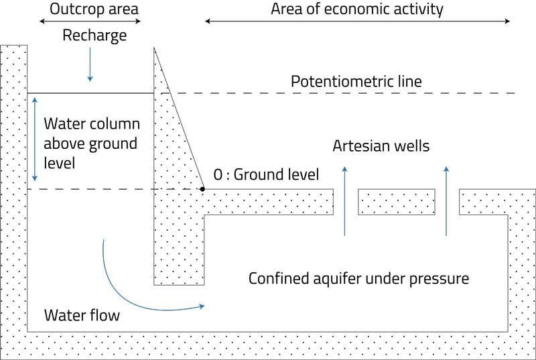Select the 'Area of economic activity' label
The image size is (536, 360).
[x=356, y=9]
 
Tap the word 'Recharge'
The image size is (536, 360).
[x=94, y=36]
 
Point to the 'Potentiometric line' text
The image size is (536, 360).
[x=356, y=82]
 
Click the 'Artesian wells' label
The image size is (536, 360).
[x=381, y=146]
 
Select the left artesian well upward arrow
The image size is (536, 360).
[x=345, y=200]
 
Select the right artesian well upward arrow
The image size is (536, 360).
[x=446, y=200]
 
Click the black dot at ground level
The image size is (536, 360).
[x=202, y=189]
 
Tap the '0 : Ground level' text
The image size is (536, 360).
[x=266, y=175]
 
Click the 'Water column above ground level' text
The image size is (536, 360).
[x=91, y=143]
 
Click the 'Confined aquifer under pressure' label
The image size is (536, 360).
[x=358, y=278]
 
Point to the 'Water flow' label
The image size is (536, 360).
[x=81, y=314]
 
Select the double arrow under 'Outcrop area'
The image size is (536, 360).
[x=90, y=21]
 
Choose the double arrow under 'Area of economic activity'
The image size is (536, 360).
[x=357, y=21]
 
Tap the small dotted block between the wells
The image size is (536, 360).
[x=397, y=202]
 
